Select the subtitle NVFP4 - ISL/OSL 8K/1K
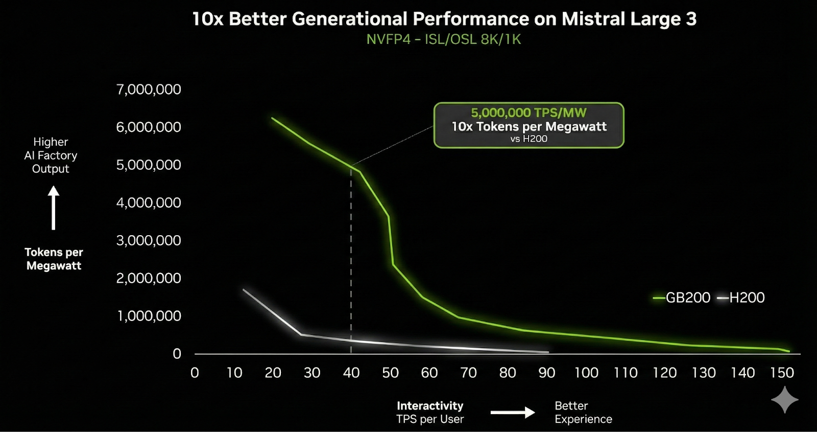click(443, 39)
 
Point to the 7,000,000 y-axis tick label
click(149, 89)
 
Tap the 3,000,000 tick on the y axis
click(149, 240)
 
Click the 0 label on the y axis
click(177, 354)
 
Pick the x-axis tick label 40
click(351, 373)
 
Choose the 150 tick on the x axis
click(782, 373)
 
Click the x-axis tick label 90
click(546, 373)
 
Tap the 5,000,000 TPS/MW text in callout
click(528, 112)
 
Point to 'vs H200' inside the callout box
click(528, 139)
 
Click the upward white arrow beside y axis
click(54, 208)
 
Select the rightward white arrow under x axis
click(512, 412)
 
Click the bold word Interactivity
click(430, 405)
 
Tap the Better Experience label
click(583, 412)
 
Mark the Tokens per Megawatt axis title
click(54, 259)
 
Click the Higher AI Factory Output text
click(51, 155)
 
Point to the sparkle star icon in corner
click(785, 400)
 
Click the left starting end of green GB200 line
click(273, 119)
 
